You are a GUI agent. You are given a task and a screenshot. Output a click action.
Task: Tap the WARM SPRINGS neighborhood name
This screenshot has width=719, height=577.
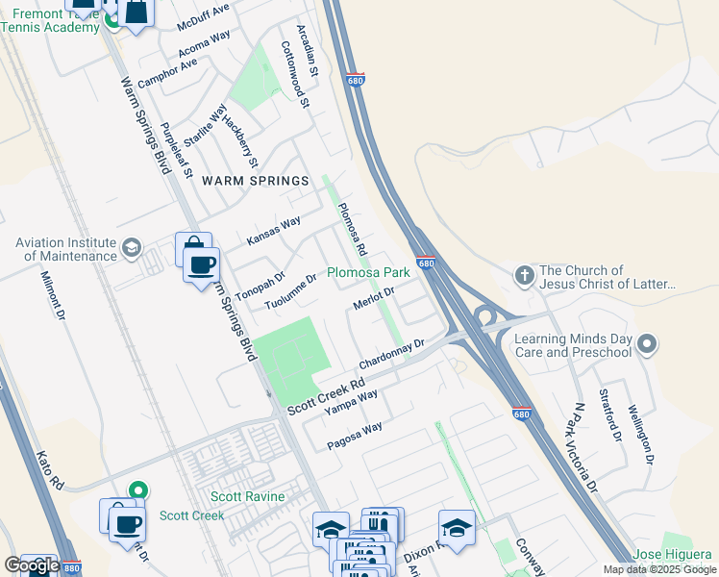[x=255, y=181]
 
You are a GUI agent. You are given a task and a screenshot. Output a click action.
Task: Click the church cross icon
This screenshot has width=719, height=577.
[x=524, y=276]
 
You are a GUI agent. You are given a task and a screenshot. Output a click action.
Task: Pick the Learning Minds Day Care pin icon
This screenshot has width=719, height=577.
[x=647, y=344]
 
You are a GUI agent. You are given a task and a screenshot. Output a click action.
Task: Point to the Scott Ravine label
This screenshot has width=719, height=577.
[x=248, y=496]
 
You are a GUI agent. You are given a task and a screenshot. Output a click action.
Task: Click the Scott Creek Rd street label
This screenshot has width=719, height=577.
[x=326, y=395]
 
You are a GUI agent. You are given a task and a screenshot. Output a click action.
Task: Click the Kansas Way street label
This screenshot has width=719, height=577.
[x=273, y=231]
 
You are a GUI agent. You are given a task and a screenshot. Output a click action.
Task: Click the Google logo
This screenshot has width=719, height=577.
[x=31, y=566]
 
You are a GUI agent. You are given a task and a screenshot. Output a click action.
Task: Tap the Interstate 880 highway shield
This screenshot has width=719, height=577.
[x=71, y=567]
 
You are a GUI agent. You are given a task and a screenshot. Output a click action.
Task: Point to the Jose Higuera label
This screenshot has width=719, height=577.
[x=672, y=556]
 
